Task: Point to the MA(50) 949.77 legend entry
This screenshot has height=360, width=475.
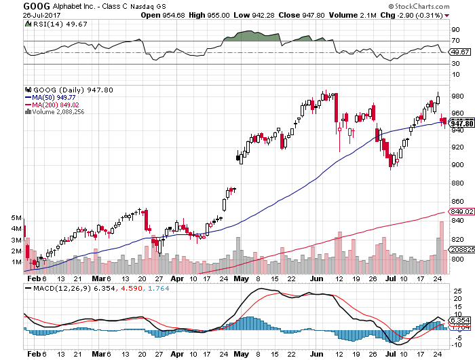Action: pos(54,96)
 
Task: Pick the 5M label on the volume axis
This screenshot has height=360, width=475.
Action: pos(17,217)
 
